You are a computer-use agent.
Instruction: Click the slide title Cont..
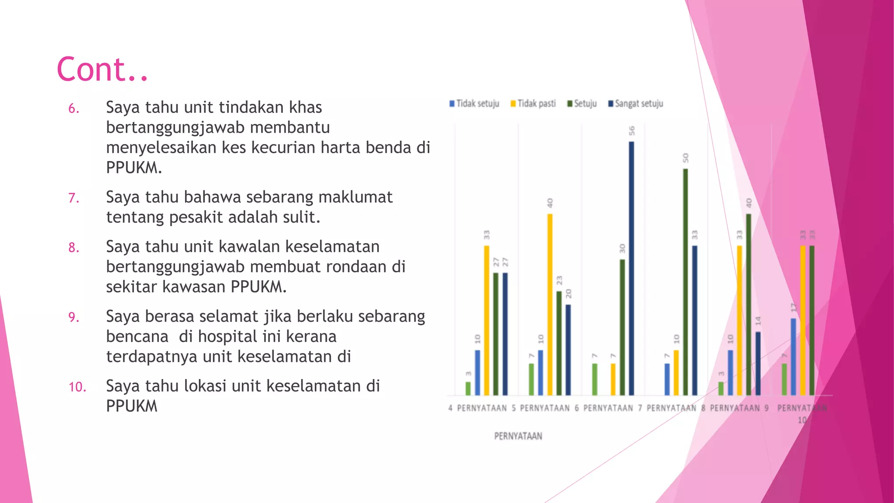pos(103,70)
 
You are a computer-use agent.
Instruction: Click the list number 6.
pos(74,108)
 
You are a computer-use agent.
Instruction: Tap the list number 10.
pos(77,387)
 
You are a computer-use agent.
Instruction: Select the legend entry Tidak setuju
pos(475,103)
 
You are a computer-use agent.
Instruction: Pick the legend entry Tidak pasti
pos(533,103)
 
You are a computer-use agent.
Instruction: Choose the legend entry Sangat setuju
pos(636,103)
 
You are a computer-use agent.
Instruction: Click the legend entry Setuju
pos(582,103)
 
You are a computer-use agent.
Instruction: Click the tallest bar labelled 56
pos(631,268)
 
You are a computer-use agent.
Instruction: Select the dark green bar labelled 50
pos(685,282)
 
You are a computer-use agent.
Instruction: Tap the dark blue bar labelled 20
pos(568,350)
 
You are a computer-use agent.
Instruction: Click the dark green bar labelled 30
pos(622,327)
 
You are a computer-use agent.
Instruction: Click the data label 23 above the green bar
pos(559,280)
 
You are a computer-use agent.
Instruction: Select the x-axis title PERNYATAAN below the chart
pos(518,436)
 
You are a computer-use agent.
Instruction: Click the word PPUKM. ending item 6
pos(134,168)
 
